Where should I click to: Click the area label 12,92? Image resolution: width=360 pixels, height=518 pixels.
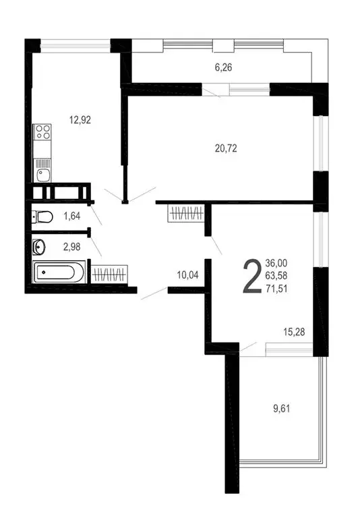tap(80, 120)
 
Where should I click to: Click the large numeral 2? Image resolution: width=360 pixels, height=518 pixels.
tap(251, 276)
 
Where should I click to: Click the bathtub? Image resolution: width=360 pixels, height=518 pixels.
tap(59, 274)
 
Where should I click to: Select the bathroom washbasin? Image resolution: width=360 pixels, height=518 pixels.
tap(39, 247)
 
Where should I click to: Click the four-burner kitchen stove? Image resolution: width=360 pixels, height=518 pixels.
tap(42, 132)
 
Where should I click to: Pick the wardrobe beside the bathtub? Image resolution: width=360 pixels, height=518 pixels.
tap(109, 275)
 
